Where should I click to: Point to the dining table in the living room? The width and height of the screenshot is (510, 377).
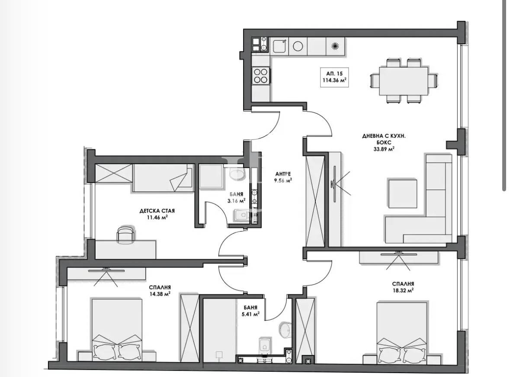pyautogui.click(x=403, y=81)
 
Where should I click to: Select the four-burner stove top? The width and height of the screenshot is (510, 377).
pyautogui.click(x=261, y=76)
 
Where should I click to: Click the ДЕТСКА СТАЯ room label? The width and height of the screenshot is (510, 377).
pyautogui.click(x=157, y=211)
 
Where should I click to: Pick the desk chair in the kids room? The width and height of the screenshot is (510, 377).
pyautogui.click(x=125, y=234)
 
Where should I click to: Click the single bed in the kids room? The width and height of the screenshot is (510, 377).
pyautogui.click(x=162, y=177)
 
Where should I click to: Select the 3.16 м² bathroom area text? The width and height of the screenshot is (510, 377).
pyautogui.click(x=237, y=200)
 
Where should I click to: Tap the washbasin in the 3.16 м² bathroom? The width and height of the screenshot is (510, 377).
pyautogui.click(x=237, y=174)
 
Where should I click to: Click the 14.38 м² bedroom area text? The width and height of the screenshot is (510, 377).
pyautogui.click(x=159, y=293)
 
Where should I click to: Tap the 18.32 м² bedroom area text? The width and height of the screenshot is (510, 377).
pyautogui.click(x=403, y=291)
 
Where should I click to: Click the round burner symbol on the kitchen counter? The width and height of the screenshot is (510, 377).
pyautogui.click(x=298, y=45)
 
